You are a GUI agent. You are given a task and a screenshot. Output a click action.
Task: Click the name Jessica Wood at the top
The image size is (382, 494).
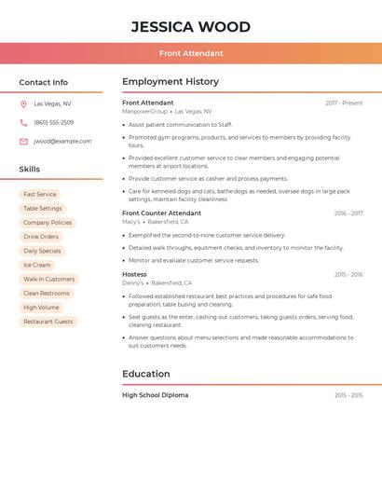point(190,26)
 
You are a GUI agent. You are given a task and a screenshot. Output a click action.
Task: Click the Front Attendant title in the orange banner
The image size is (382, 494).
point(191,53)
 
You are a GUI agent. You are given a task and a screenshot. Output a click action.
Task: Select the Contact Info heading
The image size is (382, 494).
point(44,82)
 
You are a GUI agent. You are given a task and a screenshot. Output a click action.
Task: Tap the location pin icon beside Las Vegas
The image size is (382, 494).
point(23,103)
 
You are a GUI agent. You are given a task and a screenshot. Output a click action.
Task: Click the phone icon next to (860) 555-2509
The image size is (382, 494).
point(23,122)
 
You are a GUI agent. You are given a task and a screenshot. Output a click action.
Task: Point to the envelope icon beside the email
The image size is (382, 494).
point(23,141)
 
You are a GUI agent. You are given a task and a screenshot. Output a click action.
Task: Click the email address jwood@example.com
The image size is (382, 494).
point(62,141)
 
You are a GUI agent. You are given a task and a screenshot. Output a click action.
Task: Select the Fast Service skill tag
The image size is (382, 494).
point(40,195)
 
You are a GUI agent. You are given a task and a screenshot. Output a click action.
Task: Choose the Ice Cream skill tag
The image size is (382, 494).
point(37,265)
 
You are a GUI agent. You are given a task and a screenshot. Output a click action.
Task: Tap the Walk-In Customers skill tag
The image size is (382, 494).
point(48,279)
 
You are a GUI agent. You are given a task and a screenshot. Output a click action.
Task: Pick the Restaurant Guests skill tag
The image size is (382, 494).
point(48,321)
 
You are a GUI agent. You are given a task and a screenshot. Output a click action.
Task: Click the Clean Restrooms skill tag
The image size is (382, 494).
point(47,293)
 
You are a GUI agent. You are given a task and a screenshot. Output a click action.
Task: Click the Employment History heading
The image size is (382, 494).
point(171,82)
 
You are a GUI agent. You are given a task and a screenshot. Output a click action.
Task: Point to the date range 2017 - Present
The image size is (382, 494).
point(344,103)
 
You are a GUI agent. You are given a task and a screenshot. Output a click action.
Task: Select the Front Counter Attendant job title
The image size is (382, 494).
point(161,213)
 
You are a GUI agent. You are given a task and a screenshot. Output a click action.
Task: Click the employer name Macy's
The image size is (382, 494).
point(131,222)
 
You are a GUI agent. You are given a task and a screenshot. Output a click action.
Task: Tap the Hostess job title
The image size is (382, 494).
point(134,274)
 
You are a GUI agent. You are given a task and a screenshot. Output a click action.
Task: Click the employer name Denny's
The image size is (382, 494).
point(132,282)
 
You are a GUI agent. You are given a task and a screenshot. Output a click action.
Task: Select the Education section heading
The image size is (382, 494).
point(146,374)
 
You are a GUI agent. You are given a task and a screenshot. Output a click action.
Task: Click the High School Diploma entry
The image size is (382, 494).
point(155,395)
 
